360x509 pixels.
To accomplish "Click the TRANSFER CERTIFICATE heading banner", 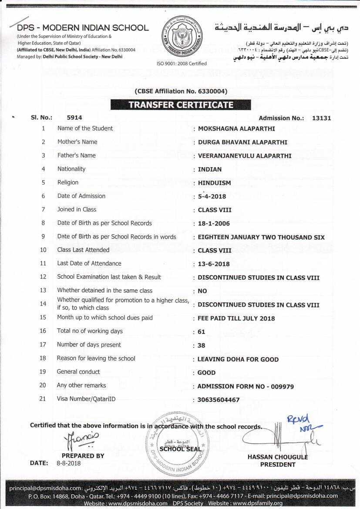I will (181, 105).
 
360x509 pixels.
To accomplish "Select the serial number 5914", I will (74, 118).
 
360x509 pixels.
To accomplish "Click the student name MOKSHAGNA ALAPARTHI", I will (236, 129).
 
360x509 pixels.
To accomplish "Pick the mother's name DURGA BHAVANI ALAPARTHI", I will (242, 142).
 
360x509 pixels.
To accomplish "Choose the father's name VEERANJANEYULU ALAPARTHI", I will (245, 156).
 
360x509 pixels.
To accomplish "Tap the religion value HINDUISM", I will (214, 183).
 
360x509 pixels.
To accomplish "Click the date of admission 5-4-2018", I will (212, 196).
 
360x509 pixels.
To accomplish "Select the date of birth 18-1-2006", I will (214, 224).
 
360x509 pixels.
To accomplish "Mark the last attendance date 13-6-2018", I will (214, 264).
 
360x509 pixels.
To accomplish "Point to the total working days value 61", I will (201, 332).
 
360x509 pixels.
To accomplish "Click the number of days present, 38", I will (202, 345).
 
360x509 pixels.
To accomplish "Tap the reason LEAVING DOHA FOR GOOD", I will (238, 359).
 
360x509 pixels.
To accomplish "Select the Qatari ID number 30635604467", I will (219, 400).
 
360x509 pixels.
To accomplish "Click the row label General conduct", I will (78, 372).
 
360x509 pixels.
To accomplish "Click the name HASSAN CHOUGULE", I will (277, 457).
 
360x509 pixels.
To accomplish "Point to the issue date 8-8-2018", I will (68, 463).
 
